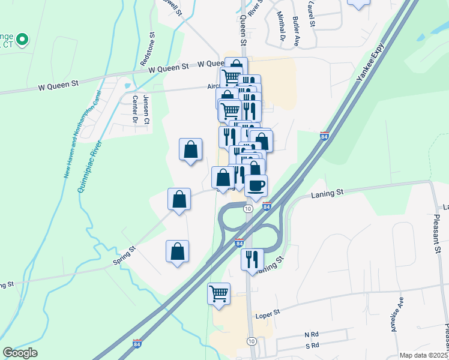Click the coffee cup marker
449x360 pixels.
256,185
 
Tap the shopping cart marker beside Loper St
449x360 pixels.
218,293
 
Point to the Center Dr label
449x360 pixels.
135,110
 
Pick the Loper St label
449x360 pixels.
269,313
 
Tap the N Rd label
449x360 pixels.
310,334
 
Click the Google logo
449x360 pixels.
20,353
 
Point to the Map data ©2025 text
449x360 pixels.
423,355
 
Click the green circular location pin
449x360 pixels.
22,40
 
